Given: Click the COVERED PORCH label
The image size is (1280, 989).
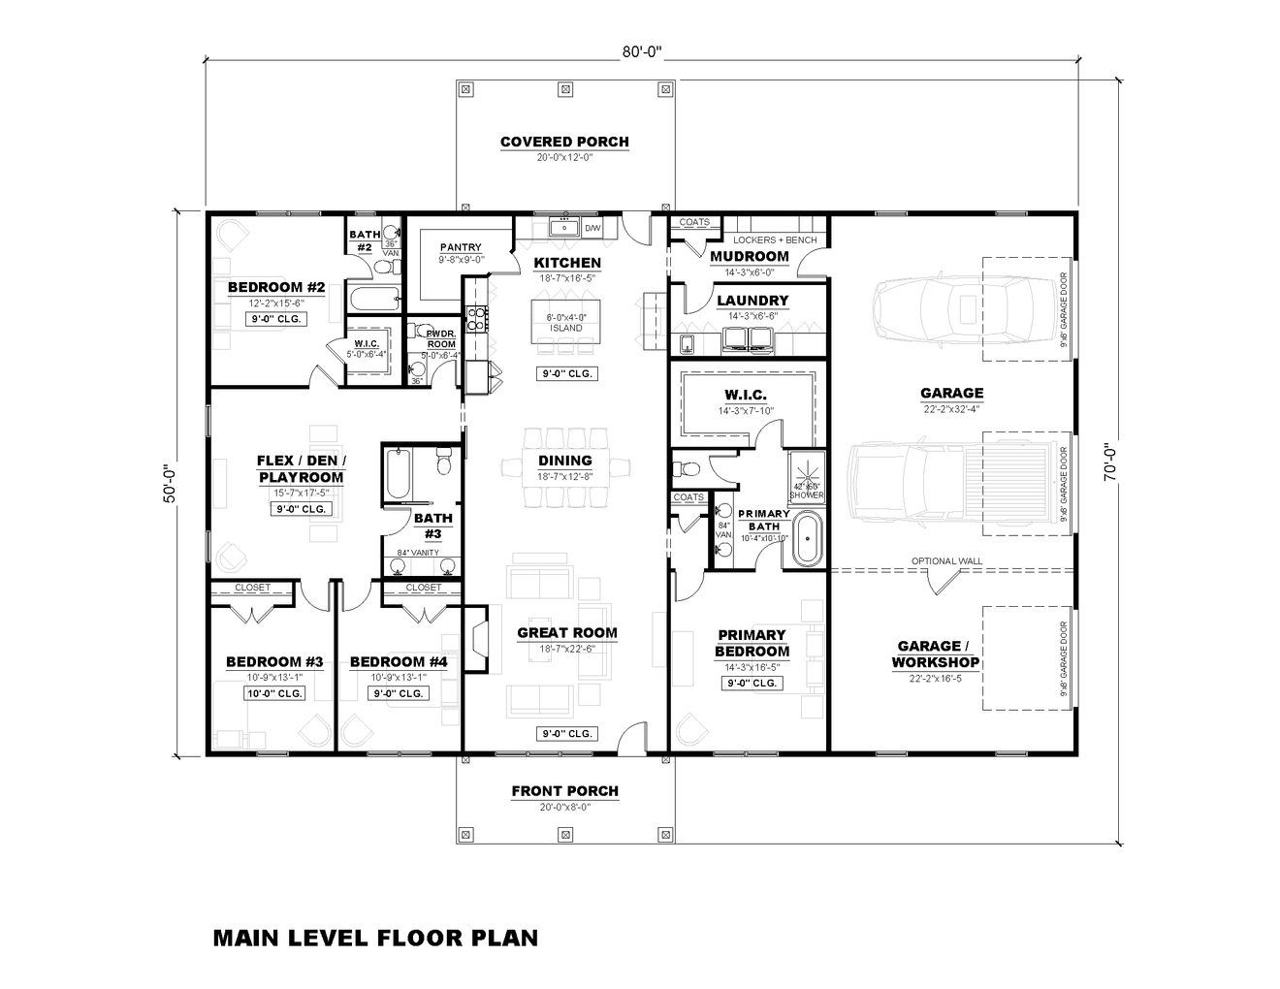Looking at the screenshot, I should click(564, 142).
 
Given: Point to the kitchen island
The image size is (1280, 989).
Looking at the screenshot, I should click(566, 322).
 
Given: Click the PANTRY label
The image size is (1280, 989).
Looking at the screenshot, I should click(461, 247).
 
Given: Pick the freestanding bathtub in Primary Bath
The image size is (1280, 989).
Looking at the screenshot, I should click(807, 541).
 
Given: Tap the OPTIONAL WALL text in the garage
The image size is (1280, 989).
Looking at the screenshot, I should click(946, 561).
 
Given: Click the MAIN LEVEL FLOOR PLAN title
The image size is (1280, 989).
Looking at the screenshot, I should click(375, 938).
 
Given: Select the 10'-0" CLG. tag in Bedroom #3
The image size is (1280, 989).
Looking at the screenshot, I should click(274, 693).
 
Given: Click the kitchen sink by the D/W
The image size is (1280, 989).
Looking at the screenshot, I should click(562, 228).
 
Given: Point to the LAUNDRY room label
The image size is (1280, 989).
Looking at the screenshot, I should click(752, 301).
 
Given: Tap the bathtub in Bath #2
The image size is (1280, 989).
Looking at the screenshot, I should click(373, 299).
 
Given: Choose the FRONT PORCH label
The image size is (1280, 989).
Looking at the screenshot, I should click(564, 791).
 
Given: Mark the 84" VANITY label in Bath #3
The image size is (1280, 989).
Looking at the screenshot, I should click(417, 553).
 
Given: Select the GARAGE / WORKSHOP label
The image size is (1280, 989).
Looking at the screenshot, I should click(936, 654).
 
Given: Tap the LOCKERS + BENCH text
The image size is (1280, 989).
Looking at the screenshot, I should click(775, 239).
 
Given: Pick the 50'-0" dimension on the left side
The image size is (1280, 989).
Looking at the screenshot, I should click(171, 482).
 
